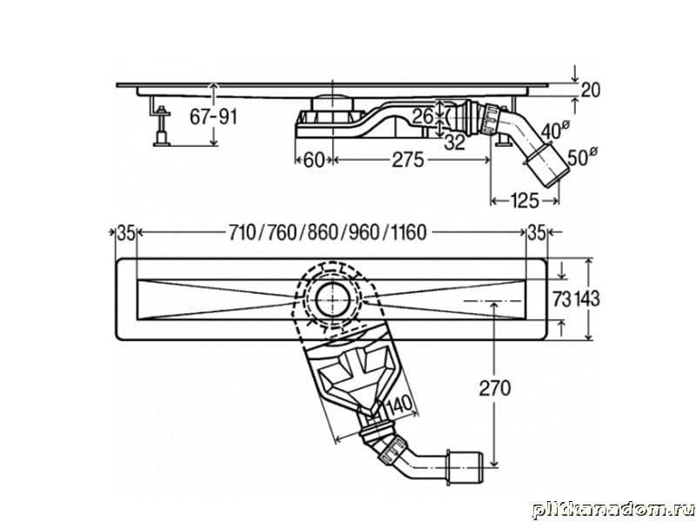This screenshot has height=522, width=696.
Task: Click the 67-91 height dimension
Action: [x=212, y=117]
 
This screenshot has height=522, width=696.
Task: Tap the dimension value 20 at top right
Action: [x=590, y=90]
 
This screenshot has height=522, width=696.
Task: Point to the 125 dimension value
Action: [x=524, y=202]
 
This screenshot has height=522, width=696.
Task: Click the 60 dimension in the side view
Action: [x=313, y=160]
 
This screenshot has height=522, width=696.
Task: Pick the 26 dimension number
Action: [x=424, y=115]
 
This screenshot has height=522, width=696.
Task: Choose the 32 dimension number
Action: [x=454, y=143]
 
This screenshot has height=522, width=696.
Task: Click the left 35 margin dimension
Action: [x=125, y=232]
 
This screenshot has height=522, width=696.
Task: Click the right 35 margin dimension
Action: [x=537, y=232]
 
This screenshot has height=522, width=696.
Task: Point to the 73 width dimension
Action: [x=561, y=298]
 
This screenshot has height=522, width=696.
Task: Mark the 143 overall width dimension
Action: [x=587, y=298]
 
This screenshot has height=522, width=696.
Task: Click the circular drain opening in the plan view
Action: [x=334, y=298]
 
